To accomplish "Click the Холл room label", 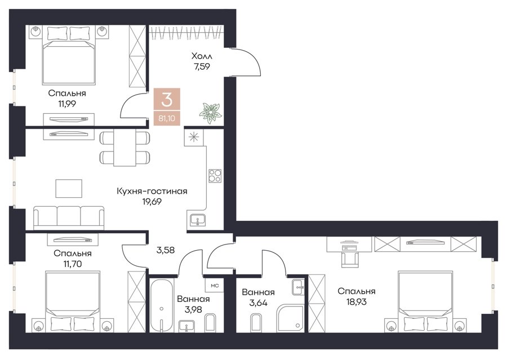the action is pyautogui.click(x=202, y=56).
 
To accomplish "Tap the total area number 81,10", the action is pyautogui.click(x=167, y=118).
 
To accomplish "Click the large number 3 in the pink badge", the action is pyautogui.click(x=167, y=100).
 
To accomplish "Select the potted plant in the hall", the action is pyautogui.click(x=210, y=113).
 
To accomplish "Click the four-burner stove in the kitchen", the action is pyautogui.click(x=215, y=176).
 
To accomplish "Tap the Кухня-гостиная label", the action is pyautogui.click(x=152, y=191).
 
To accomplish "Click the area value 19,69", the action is pyautogui.click(x=152, y=202).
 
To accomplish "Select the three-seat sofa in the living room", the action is pyautogui.click(x=69, y=217).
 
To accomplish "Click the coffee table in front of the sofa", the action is pyautogui.click(x=69, y=188).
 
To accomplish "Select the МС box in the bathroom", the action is pyautogui.click(x=215, y=286).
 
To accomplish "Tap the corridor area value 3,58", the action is pyautogui.click(x=165, y=250).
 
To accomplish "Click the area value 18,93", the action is pyautogui.click(x=357, y=302).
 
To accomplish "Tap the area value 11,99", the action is pyautogui.click(x=67, y=104).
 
